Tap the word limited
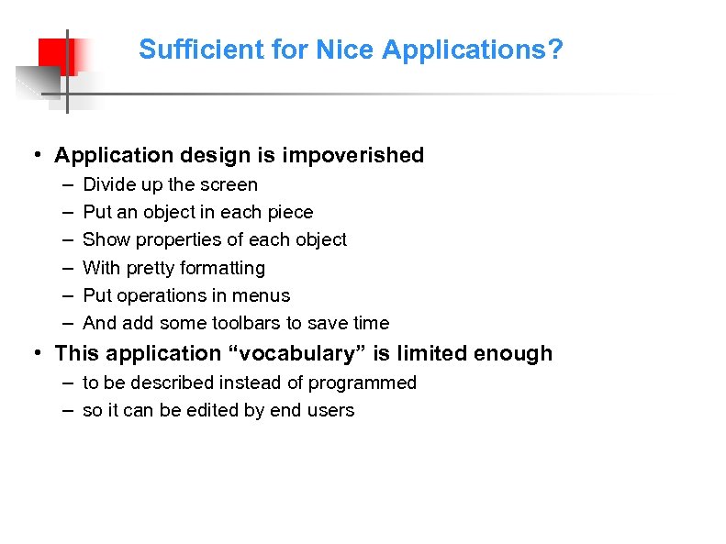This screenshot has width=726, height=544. tap(430, 353)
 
